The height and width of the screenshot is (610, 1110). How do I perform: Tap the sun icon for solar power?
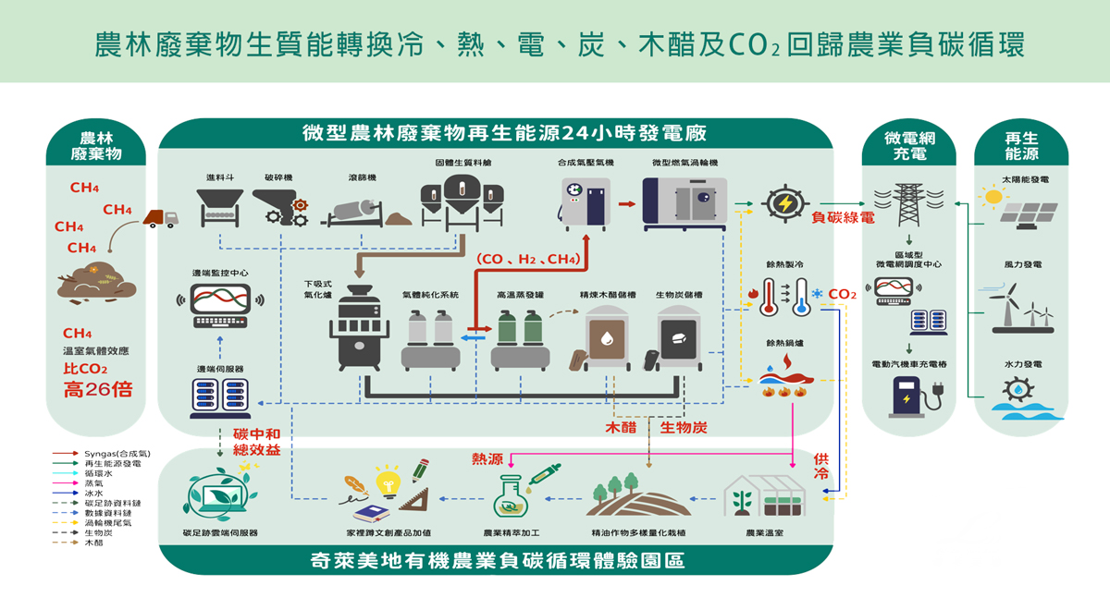[x=993, y=196]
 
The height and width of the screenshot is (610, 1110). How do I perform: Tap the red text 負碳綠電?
[x=842, y=219]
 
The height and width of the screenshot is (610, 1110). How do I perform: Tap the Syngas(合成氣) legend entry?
[x=117, y=454]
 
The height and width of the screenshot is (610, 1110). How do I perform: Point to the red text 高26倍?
[x=98, y=389]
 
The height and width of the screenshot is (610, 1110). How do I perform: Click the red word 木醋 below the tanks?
[x=622, y=428]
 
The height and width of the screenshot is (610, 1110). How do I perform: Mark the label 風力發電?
[x=1023, y=265]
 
